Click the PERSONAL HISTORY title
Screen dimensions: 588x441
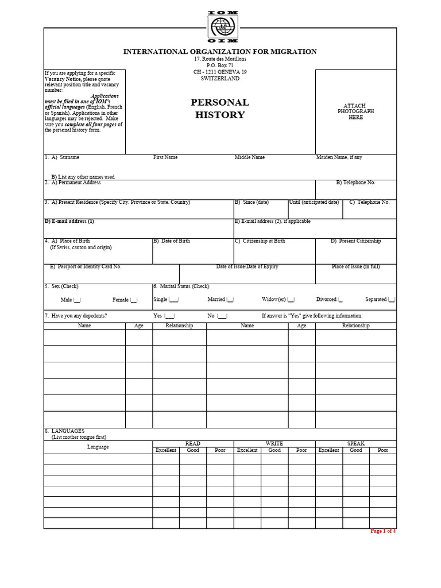pyautogui.click(x=220, y=109)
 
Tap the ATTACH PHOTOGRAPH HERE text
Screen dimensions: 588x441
pyautogui.click(x=355, y=111)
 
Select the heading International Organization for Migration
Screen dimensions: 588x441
pyautogui.click(x=220, y=52)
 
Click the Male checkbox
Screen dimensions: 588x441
pyautogui.click(x=78, y=300)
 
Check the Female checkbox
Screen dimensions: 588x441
pyautogui.click(x=134, y=300)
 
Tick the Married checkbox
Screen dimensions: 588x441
pyautogui.click(x=230, y=300)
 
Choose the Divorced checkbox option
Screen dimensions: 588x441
pyautogui.click(x=341, y=300)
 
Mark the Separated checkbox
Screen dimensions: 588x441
pyautogui.click(x=392, y=300)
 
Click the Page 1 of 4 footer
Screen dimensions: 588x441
pyautogui.click(x=383, y=531)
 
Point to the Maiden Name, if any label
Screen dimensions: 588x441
pyautogui.click(x=339, y=157)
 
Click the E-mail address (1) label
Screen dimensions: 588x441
pyautogui.click(x=69, y=221)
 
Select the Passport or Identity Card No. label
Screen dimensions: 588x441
pyautogui.click(x=86, y=267)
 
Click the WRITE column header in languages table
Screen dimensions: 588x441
pyautogui.click(x=274, y=444)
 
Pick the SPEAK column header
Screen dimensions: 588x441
pyautogui.click(x=355, y=444)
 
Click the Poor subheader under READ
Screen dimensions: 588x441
pyautogui.click(x=220, y=450)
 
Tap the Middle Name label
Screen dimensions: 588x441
pyautogui.click(x=249, y=157)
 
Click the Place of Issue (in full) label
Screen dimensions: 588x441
pyautogui.click(x=355, y=267)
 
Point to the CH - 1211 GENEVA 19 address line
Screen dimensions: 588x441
pyautogui.click(x=220, y=72)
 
